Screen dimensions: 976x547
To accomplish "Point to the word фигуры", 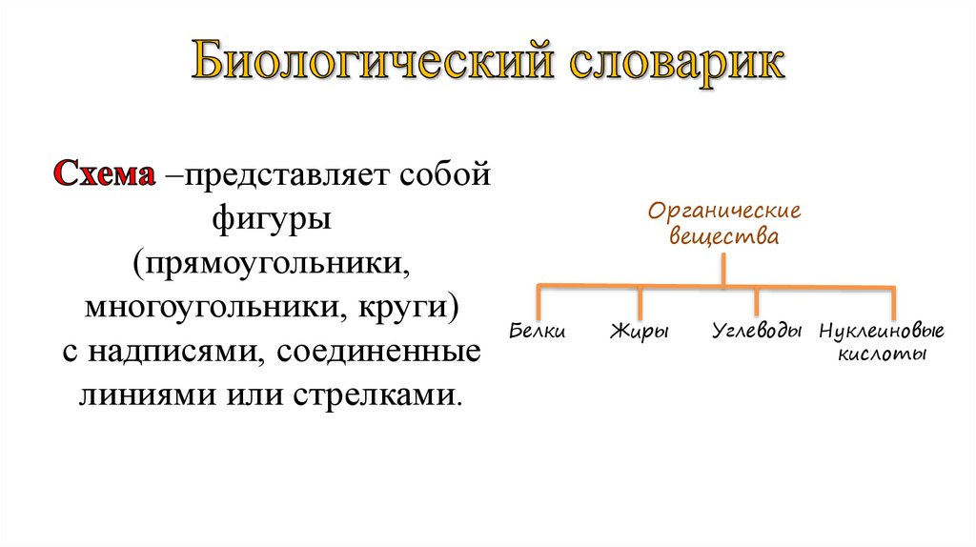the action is (272, 220).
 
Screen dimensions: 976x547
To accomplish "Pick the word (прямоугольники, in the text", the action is (272, 264).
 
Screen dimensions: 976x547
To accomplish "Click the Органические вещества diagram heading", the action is (724, 223).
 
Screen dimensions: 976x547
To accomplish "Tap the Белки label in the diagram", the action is (539, 332).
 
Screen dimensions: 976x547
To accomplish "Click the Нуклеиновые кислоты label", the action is (882, 342).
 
